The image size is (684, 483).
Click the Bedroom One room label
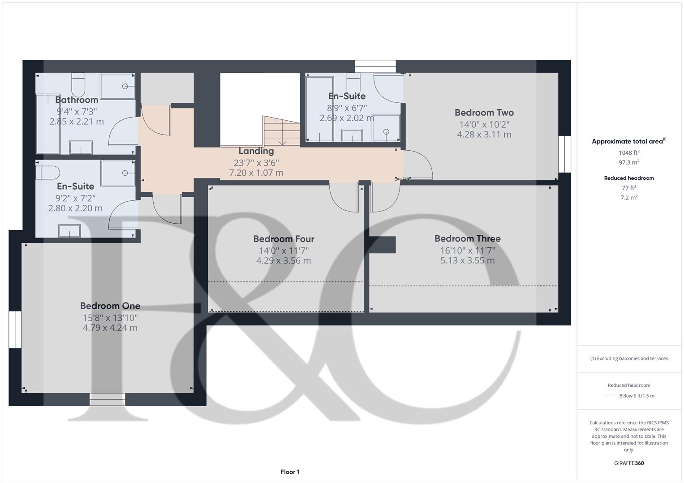[x=110, y=306]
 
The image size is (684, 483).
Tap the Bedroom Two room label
[x=484, y=113]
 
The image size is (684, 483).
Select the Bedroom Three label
[x=467, y=239]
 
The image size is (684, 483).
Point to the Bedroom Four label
[x=284, y=239]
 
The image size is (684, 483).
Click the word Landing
[x=256, y=151]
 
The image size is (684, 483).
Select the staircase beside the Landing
[x=280, y=131]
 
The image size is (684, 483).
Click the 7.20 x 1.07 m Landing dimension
[x=256, y=173]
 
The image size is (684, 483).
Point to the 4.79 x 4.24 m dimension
[x=110, y=328]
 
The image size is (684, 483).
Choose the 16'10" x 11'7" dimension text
[x=467, y=250]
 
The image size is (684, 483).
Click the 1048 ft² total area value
[x=629, y=153]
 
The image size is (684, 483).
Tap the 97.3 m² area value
[x=629, y=162]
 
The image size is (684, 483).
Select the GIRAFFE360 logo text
[x=629, y=463]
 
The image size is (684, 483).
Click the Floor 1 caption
[x=290, y=472]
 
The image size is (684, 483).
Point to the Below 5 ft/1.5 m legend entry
[x=637, y=396]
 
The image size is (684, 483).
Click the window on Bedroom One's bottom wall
[x=108, y=399]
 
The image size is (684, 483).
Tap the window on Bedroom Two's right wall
[x=565, y=154]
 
